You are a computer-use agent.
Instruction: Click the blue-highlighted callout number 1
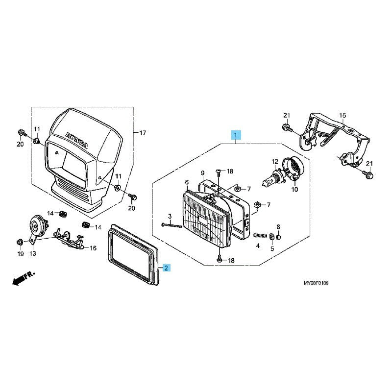(236, 135)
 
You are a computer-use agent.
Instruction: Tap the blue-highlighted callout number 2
(166, 268)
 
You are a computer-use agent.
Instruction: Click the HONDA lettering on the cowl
(76, 141)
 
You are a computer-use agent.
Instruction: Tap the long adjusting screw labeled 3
(171, 225)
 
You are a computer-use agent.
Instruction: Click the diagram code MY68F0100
(316, 283)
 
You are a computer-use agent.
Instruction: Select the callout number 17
(143, 133)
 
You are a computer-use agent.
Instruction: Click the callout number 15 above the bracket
(343, 116)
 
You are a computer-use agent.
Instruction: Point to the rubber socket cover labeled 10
(293, 168)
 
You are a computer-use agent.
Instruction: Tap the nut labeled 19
(20, 242)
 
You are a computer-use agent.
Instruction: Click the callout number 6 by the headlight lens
(187, 182)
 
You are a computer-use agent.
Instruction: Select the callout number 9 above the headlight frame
(202, 173)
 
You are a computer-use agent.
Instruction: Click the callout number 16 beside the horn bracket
(93, 248)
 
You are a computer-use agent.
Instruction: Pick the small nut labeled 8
(278, 237)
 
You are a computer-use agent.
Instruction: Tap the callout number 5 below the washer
(272, 249)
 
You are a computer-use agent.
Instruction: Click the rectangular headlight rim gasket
(133, 254)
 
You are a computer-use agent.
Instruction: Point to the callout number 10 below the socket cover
(295, 189)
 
